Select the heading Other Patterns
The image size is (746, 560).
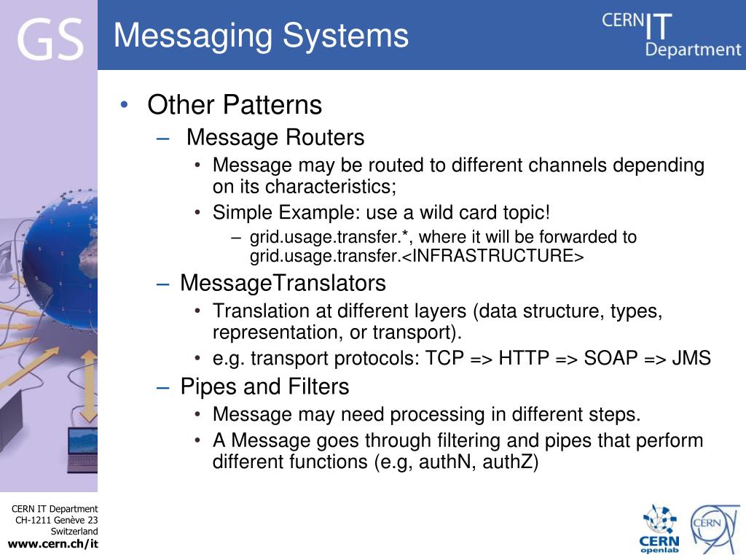click(234, 105)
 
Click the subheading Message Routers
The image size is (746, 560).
click(275, 137)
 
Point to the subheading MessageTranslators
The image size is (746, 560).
click(283, 282)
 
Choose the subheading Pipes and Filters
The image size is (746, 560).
click(264, 386)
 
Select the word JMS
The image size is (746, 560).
click(691, 359)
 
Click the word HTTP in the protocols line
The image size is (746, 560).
click(525, 359)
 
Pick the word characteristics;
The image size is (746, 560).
click(331, 187)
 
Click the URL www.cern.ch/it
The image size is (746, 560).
click(52, 544)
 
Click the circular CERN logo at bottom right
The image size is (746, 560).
click(715, 529)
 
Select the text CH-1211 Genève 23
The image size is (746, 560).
click(57, 520)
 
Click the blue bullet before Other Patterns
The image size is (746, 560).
click(125, 105)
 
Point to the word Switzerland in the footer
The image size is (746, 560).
click(74, 532)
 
